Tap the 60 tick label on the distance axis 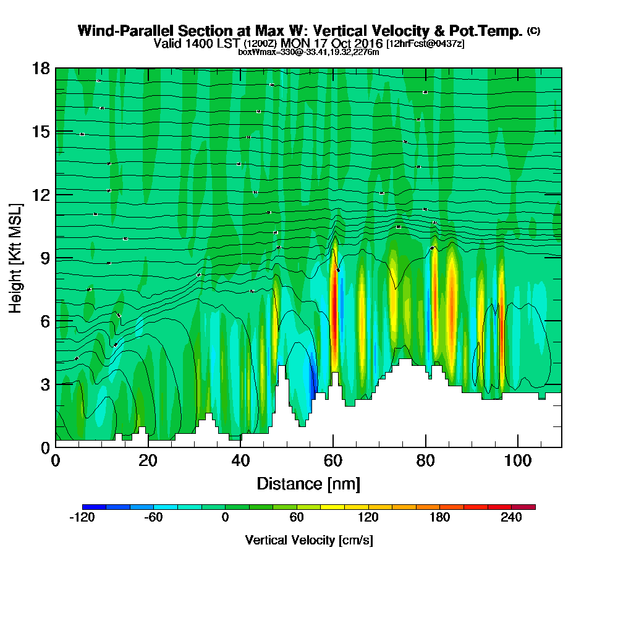tap(333, 460)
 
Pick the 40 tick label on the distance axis tap(240, 460)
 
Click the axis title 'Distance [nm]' tap(308, 483)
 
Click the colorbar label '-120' tap(82, 518)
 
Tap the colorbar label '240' tap(512, 518)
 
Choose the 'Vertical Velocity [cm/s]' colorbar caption tap(308, 540)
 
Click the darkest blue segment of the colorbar tap(94, 507)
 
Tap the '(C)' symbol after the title tap(533, 31)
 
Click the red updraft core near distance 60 tap(334, 309)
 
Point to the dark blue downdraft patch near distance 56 tap(313, 377)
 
